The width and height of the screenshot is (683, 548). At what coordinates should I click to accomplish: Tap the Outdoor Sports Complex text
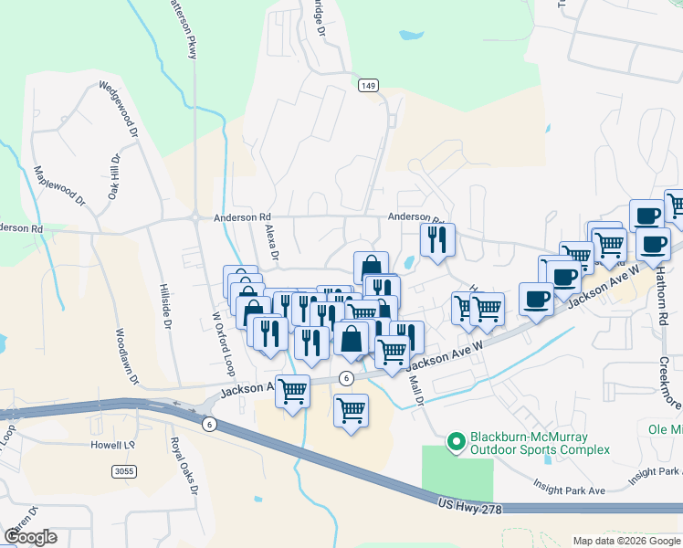click(x=539, y=449)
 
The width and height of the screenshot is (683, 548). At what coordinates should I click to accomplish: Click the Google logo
click(x=30, y=537)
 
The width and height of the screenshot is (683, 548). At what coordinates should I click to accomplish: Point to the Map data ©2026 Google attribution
click(x=625, y=541)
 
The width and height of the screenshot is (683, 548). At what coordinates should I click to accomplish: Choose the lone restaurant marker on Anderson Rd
click(x=437, y=240)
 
